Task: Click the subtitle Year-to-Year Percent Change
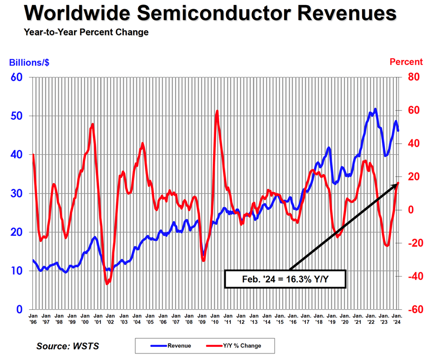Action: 86,32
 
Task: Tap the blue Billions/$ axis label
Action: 29,62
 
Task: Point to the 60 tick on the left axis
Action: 17,77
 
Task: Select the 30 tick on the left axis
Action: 17,194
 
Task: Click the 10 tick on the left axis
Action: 17,271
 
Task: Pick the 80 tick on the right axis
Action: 413,77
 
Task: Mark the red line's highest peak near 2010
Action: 217,111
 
